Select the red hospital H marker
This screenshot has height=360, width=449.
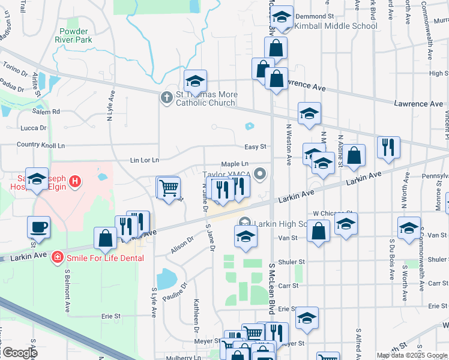coord(74,180)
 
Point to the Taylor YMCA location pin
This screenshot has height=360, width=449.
coord(260,174)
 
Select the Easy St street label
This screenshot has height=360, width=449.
coord(255,146)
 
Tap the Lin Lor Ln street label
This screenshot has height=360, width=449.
coord(144,160)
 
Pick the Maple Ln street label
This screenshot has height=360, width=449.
coord(235,164)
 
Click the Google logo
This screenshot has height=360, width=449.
coord(19,352)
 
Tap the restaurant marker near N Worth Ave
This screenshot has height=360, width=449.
coord(388,147)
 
